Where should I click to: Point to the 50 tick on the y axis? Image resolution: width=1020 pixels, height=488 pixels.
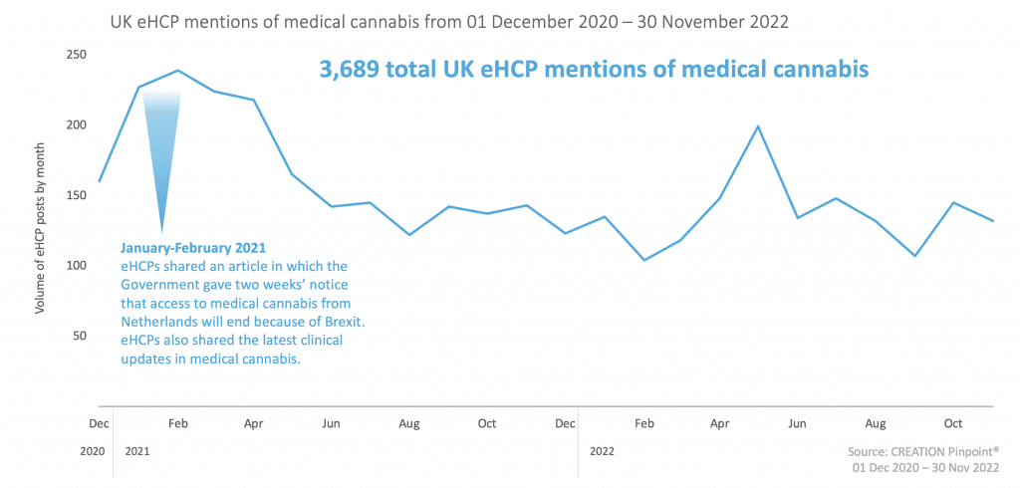coord(80,337)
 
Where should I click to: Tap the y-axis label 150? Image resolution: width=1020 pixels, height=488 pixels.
coord(76,195)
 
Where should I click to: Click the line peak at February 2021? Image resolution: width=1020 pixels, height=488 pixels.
coord(177,71)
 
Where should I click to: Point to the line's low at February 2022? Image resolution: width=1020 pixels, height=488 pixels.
coord(643,260)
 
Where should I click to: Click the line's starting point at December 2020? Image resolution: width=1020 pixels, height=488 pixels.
coord(100,182)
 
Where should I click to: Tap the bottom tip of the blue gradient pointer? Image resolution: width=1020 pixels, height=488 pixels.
coord(161,231)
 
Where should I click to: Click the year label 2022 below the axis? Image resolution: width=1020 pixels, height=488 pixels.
coord(602,451)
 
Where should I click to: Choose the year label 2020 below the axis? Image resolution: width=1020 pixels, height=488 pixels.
coord(91,451)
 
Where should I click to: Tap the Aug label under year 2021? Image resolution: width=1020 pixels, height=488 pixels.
coord(408,423)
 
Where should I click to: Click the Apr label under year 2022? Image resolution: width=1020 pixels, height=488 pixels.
coord(720,423)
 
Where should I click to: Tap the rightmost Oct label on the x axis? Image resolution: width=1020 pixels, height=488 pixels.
coord(953,423)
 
